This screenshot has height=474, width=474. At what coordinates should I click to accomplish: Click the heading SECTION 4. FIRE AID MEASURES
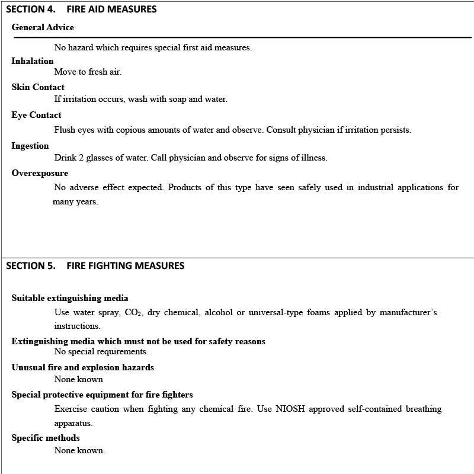(81, 9)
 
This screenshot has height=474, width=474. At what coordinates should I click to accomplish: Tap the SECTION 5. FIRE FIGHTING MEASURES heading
(95, 265)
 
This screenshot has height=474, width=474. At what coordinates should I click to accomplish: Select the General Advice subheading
(43, 27)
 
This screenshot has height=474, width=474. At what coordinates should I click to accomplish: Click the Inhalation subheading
(33, 61)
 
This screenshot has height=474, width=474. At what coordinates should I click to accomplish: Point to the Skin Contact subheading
(38, 87)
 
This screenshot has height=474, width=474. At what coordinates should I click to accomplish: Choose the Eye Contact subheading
(36, 115)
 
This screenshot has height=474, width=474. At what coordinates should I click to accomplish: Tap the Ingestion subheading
(30, 146)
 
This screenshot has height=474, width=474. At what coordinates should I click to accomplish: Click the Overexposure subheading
(40, 173)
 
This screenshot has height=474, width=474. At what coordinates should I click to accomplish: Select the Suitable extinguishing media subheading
(70, 298)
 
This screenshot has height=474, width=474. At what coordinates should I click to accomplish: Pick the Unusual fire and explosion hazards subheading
(83, 367)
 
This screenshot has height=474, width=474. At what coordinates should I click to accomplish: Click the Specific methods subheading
(46, 438)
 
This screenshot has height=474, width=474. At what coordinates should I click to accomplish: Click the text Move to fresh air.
(88, 72)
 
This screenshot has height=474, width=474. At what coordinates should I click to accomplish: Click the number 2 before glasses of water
(81, 158)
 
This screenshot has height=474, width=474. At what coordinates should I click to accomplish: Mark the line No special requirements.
(101, 351)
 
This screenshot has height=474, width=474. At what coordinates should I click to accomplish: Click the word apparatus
(73, 423)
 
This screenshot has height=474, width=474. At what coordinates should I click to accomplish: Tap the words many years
(75, 201)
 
